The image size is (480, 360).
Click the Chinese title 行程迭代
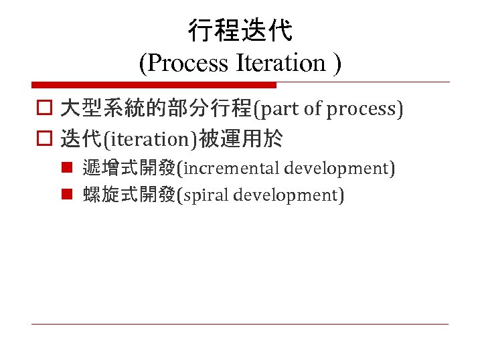pos(240,30)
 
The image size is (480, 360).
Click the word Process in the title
pos(187,63)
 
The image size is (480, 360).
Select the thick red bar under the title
pos(153,85)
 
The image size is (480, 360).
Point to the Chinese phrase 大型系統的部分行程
pos(155,109)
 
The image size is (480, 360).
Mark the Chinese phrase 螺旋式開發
pos(129,195)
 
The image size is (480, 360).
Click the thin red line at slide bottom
pos(240,325)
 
